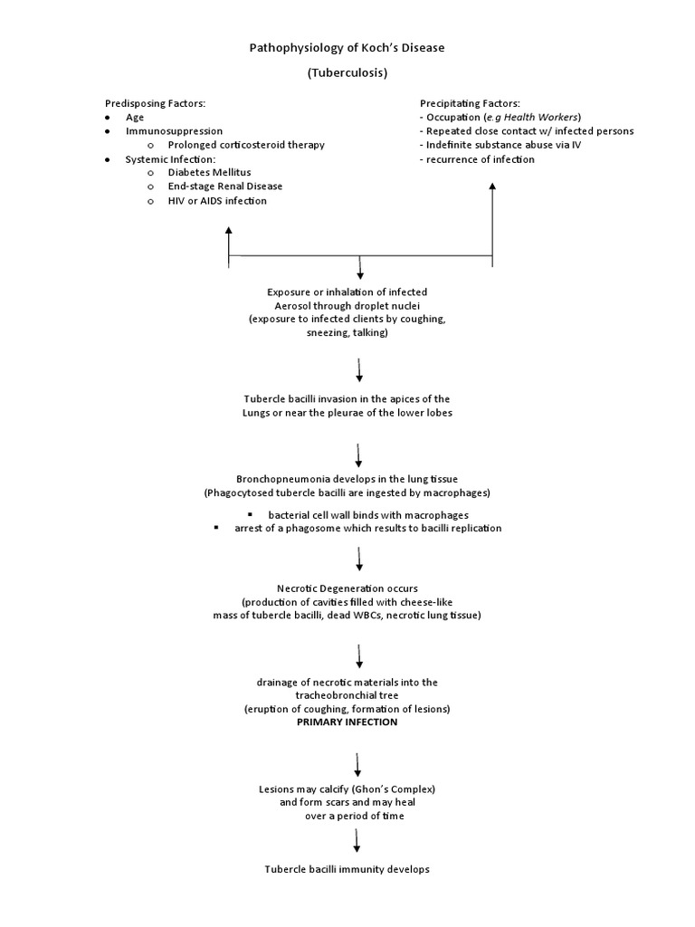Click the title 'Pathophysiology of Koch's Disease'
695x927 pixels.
pos(347,48)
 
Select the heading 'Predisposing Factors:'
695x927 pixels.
pos(160,104)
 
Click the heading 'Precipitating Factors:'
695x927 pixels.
pos(469,104)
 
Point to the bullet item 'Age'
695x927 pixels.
pos(134,118)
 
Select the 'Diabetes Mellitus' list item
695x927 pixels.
pos(209,172)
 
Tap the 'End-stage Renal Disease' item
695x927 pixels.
pos(224,186)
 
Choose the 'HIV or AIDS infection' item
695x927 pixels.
pos(217,201)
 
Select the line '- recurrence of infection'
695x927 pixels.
pos(477,159)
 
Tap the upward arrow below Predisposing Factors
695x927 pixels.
pos(229,244)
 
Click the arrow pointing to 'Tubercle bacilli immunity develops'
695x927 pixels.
pos(358,840)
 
